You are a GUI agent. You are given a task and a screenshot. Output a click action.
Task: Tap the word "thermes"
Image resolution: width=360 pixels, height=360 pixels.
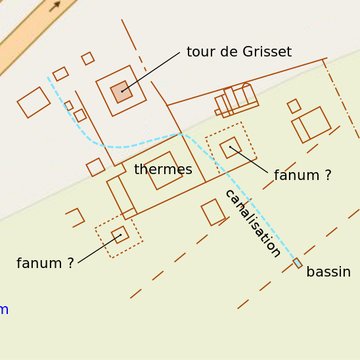pyautogui.click(x=163, y=170)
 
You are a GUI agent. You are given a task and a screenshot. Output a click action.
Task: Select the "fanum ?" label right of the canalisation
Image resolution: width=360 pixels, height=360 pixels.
pyautogui.click(x=302, y=175)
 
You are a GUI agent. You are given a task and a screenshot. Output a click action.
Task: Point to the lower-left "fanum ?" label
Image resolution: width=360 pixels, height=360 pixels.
pyautogui.click(x=45, y=263)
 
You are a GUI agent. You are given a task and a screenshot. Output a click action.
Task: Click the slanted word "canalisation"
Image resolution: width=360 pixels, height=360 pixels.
pyautogui.click(x=252, y=222)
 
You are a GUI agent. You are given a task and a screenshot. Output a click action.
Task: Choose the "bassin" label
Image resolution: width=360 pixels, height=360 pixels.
pyautogui.click(x=328, y=272)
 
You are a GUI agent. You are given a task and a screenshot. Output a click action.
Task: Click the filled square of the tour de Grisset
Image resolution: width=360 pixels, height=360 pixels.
pyautogui.click(x=122, y=92)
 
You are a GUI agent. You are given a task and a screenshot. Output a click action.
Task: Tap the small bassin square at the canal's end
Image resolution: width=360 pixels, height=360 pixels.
pyautogui.click(x=297, y=263)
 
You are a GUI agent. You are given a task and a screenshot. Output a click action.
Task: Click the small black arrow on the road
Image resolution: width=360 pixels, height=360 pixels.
pyautogui.click(x=56, y=6)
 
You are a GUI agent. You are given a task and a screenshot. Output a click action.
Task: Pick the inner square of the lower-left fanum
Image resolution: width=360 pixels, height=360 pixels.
pyautogui.click(x=119, y=235)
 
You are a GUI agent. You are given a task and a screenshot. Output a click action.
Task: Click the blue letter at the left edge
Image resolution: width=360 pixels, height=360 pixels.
pyautogui.click(x=4, y=309)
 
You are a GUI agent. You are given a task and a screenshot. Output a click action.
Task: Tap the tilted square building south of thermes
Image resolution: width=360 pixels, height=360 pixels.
pyautogui.click(x=213, y=212)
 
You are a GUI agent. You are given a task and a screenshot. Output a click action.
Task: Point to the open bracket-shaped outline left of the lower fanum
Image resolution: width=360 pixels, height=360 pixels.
pyautogui.click(x=76, y=216)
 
